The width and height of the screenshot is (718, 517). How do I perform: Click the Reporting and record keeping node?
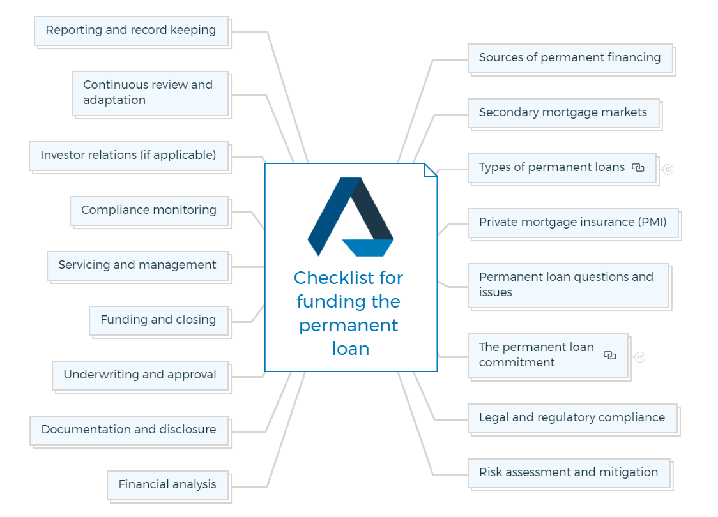[132, 31]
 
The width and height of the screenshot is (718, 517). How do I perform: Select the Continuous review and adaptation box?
[150, 94]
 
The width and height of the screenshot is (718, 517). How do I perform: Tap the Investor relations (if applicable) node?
[128, 156]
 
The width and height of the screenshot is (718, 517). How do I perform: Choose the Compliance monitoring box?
[149, 211]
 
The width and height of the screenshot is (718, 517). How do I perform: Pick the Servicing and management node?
[138, 266]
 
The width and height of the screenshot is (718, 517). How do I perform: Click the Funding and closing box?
[159, 320]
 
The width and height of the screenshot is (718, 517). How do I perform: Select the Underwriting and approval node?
[141, 376]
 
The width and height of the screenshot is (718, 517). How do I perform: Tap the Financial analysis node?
[168, 486]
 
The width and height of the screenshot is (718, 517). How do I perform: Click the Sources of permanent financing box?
[570, 59]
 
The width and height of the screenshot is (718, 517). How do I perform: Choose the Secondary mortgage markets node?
[563, 114]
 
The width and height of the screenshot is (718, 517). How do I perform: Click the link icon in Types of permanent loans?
[638, 168]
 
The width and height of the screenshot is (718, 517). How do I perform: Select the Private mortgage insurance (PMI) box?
[573, 223]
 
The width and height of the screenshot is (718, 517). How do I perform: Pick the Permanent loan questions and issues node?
[569, 286]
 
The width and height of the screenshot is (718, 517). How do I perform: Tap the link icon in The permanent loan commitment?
[610, 356]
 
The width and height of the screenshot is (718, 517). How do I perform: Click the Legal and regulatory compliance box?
[572, 419]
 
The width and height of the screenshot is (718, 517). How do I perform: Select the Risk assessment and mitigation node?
[569, 474]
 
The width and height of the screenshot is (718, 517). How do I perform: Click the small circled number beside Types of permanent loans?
[668, 169]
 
